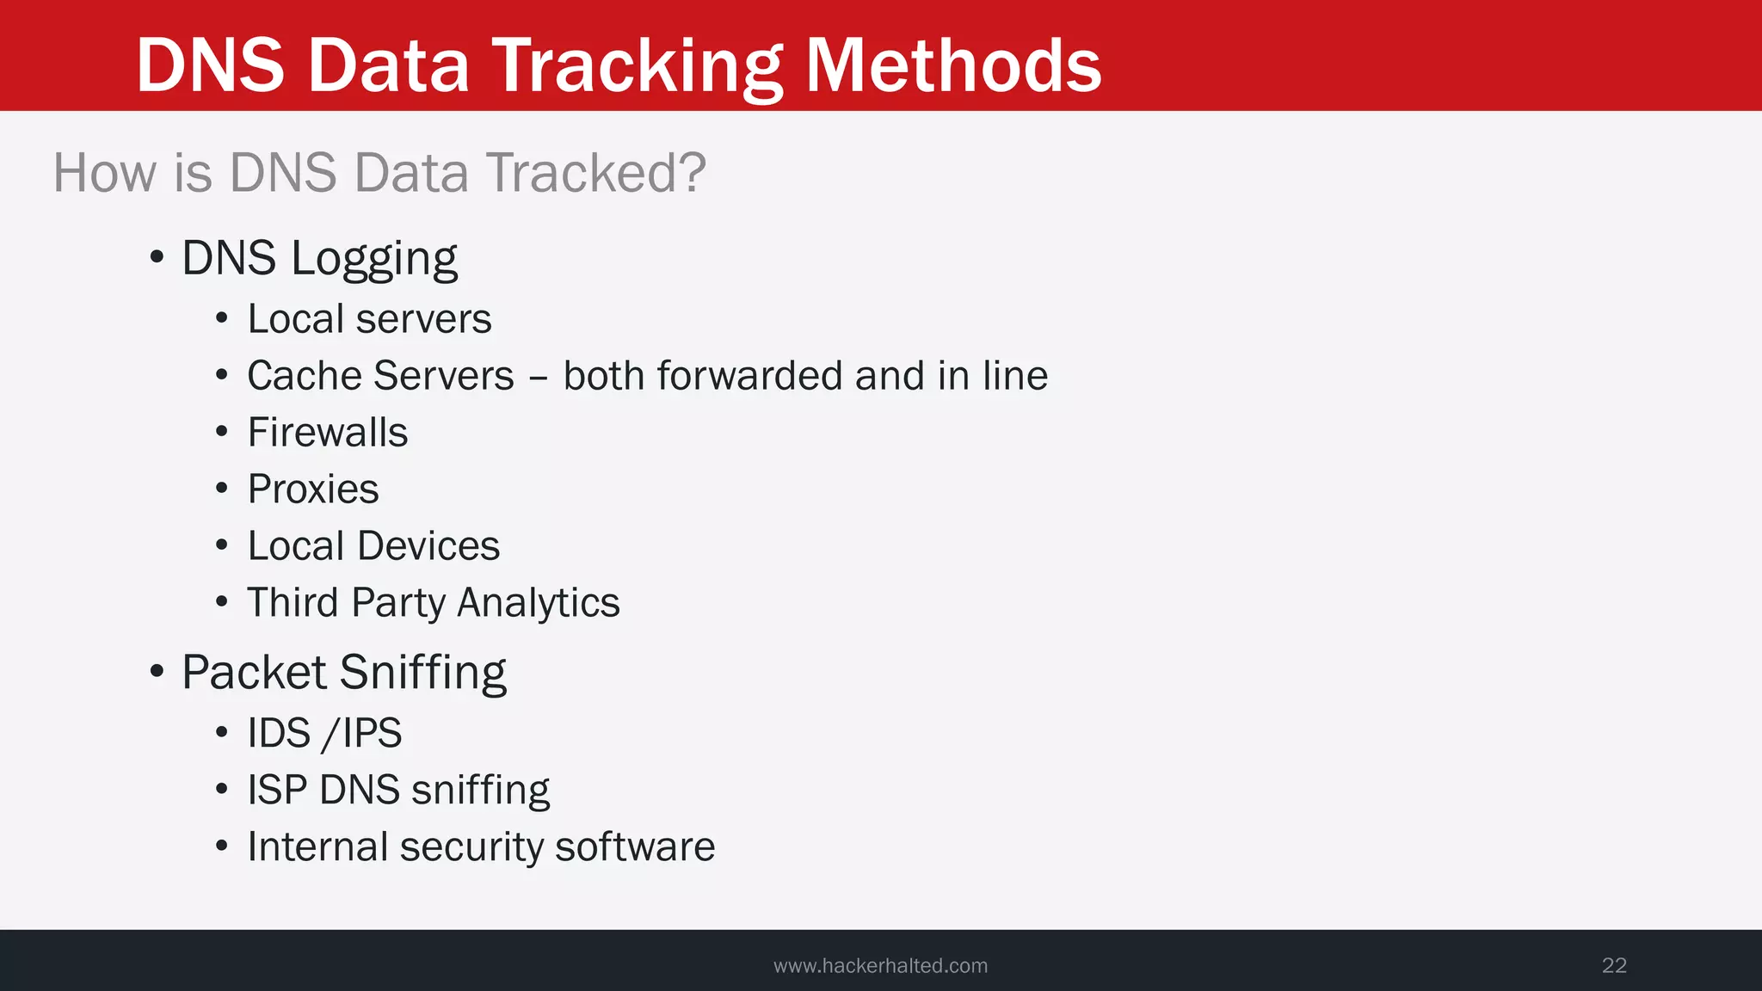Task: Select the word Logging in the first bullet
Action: point(374,258)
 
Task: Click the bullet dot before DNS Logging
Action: point(157,257)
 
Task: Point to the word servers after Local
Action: point(424,319)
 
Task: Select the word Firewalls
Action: point(328,433)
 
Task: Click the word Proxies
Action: point(313,489)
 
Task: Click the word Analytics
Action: point(539,603)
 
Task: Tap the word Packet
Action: point(254,672)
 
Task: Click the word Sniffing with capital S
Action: point(423,672)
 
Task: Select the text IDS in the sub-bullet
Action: point(279,734)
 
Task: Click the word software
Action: point(635,847)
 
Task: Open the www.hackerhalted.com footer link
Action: point(880,965)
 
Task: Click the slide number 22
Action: point(1614,965)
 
